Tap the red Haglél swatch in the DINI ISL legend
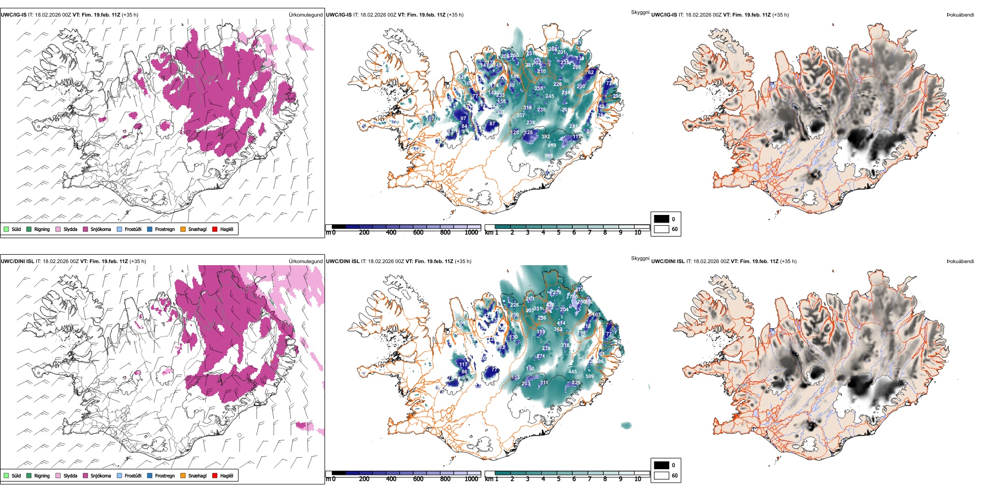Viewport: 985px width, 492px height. point(215,475)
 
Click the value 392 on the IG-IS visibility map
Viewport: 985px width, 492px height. point(545,137)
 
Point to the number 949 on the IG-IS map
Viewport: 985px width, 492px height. point(552,146)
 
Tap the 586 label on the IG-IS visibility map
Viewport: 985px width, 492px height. point(548,155)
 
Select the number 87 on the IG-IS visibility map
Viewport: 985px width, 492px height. point(492,124)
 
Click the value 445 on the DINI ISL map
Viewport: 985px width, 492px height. point(572,371)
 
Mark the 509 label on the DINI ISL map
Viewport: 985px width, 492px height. point(589,377)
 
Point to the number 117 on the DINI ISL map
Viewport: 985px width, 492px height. point(463,365)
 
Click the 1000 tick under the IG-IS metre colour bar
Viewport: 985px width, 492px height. point(471,233)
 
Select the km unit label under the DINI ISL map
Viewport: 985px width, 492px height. point(489,479)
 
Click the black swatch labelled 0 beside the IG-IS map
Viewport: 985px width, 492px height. point(662,219)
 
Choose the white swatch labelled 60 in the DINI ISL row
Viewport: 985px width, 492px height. point(662,475)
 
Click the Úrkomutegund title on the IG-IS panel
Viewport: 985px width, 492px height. point(305,15)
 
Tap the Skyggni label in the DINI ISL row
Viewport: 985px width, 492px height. point(640,258)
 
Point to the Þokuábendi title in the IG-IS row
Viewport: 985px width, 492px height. point(960,15)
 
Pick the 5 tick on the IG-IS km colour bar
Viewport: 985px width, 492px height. point(558,233)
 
